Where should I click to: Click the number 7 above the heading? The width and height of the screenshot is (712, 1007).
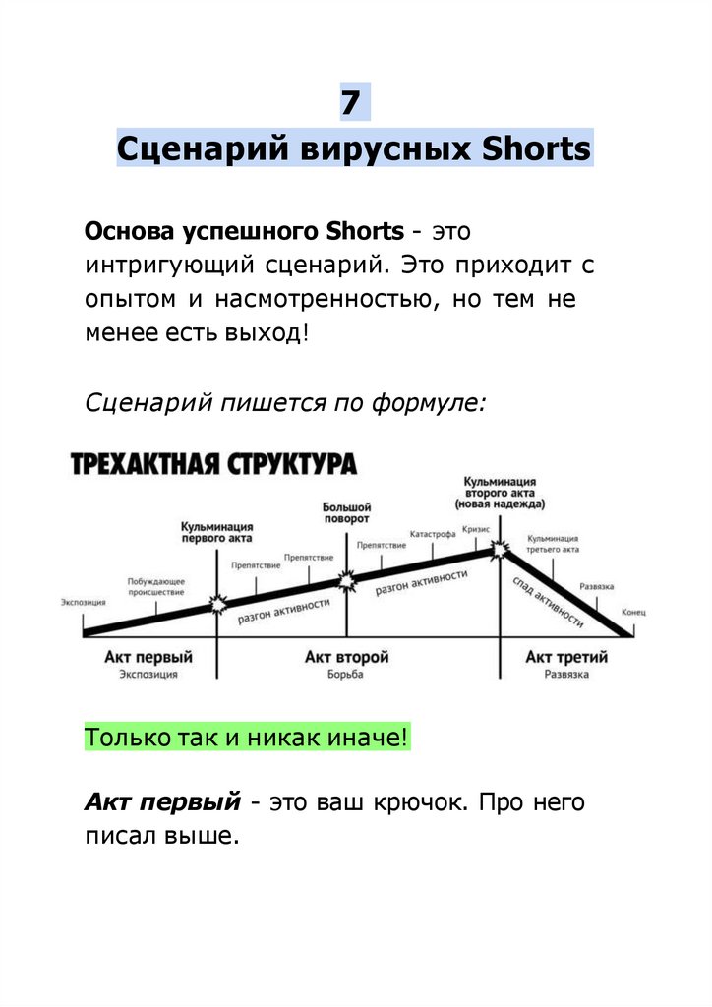[x=355, y=102]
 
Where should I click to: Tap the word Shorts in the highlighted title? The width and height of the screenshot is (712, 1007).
[x=536, y=149]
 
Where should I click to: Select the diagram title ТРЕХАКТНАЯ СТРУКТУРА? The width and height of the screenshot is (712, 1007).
[x=213, y=464]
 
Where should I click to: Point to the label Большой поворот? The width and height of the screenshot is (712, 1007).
[x=346, y=511]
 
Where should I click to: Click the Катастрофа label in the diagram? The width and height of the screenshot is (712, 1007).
[x=433, y=534]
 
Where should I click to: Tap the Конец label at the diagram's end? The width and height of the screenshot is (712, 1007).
[x=633, y=612]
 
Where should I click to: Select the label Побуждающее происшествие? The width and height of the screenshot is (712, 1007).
[x=155, y=587]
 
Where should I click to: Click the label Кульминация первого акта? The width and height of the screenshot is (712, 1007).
[x=216, y=532]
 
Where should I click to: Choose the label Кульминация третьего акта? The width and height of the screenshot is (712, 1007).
[x=553, y=544]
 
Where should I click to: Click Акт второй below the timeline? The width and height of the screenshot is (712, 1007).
[x=346, y=657]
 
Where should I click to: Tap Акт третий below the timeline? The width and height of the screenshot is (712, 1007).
[x=566, y=657]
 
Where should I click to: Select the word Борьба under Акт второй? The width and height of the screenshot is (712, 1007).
[x=346, y=675]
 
